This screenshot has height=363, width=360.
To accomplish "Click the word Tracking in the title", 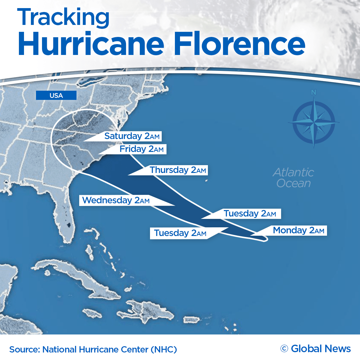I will (x=63, y=17).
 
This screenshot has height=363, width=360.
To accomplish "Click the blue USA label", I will (x=56, y=95).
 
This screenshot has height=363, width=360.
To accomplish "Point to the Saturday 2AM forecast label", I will (x=132, y=136).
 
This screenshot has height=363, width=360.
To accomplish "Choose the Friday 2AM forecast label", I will (x=141, y=149).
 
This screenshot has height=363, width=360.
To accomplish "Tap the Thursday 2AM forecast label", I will (x=178, y=170).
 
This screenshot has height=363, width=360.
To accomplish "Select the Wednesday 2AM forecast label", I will (x=116, y=200).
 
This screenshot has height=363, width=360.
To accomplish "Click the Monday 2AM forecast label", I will (x=298, y=230).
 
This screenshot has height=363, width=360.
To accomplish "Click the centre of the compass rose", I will (x=314, y=123).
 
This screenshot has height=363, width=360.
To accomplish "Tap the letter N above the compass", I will (x=313, y=92).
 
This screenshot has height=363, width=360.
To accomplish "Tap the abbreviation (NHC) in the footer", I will (x=164, y=349).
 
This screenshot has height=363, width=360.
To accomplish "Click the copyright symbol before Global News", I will (x=284, y=349).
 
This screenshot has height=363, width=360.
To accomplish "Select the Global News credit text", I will (x=321, y=349).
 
